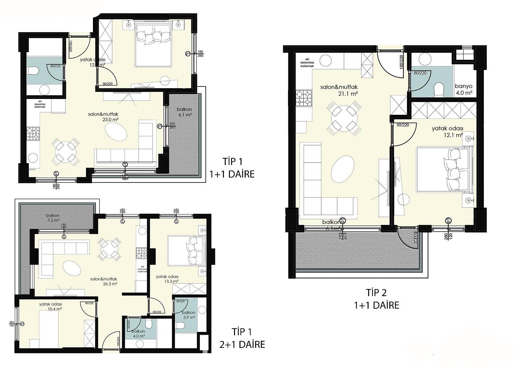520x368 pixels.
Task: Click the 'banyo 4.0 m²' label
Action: tap(463, 89)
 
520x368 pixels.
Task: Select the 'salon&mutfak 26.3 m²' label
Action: tap(104, 281)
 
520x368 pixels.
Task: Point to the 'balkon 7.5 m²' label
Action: tap(53, 218)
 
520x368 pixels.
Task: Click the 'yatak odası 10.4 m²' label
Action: tap(50, 307)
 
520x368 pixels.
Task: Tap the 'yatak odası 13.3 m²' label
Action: tap(167, 279)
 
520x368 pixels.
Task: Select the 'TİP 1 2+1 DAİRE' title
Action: tap(242, 338)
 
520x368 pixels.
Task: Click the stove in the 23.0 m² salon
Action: tap(33, 133)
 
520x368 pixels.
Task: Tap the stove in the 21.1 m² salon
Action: tap(304, 98)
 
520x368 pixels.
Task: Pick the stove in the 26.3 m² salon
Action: tap(141, 253)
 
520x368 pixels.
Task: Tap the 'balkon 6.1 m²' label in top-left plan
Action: tap(184, 112)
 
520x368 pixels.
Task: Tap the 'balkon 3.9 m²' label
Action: tap(188, 315)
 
